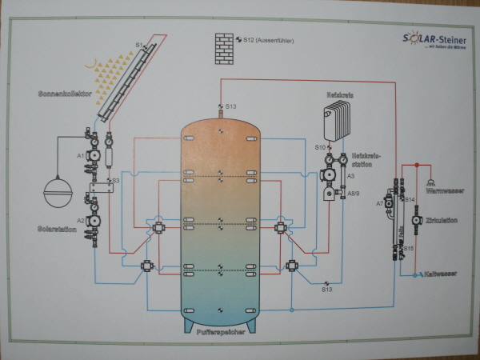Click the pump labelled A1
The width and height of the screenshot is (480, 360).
point(93,154)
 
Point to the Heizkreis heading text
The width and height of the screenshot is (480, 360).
point(339,94)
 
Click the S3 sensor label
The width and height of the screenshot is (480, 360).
point(116,182)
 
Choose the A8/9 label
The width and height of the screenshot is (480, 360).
point(352,194)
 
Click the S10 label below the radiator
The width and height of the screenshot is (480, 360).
point(319,147)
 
